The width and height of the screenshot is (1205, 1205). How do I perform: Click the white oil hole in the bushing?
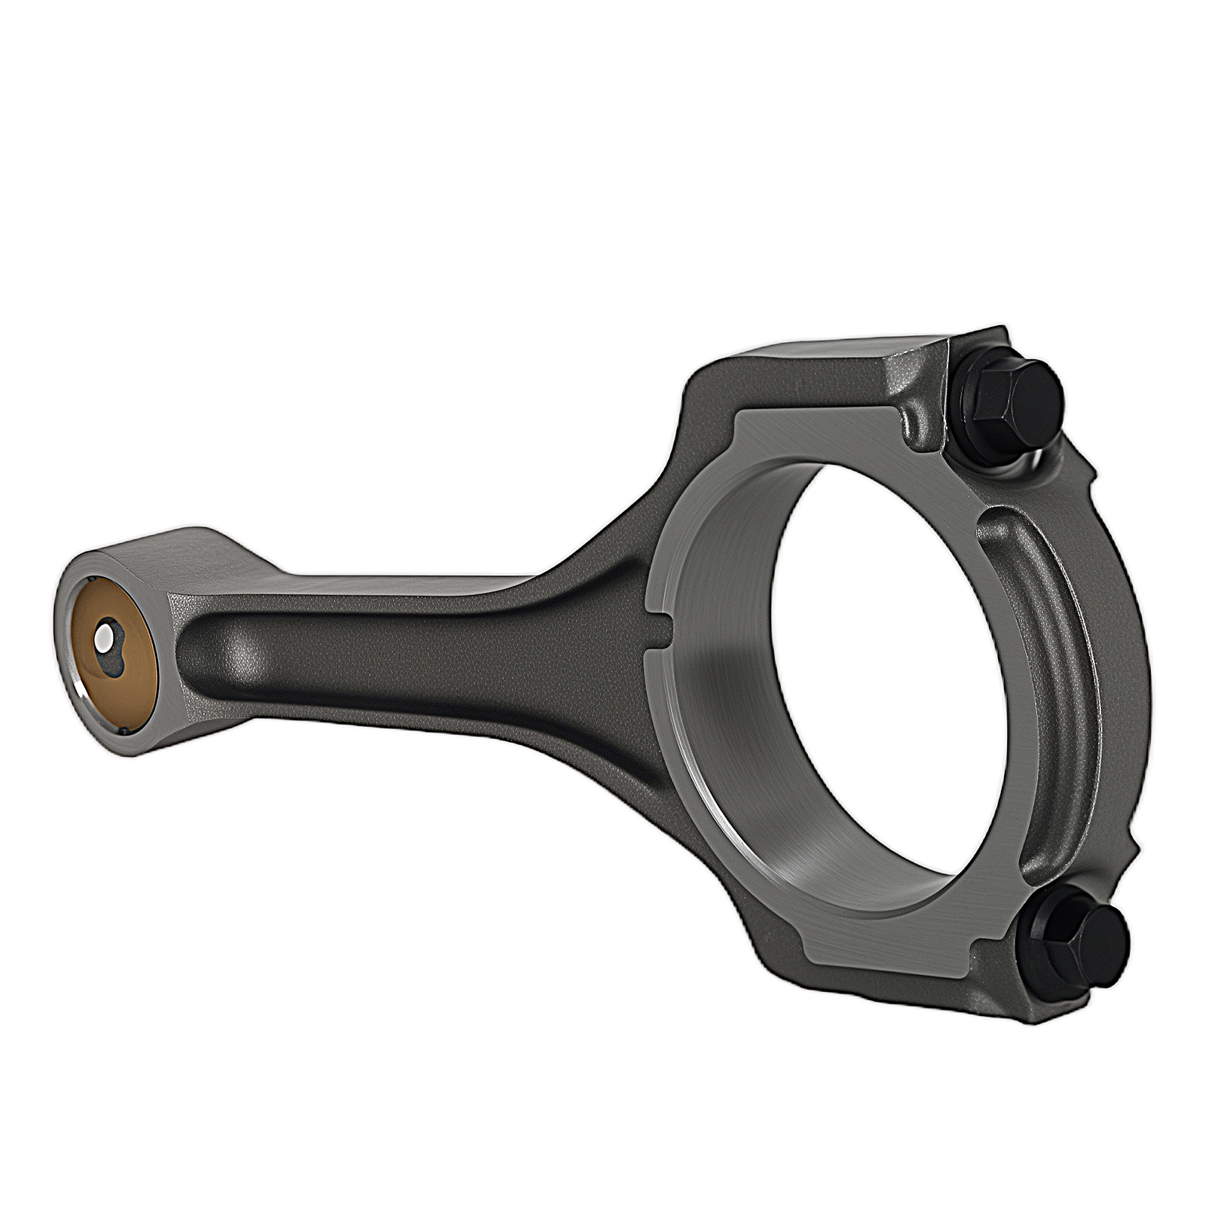[x=102, y=639]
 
